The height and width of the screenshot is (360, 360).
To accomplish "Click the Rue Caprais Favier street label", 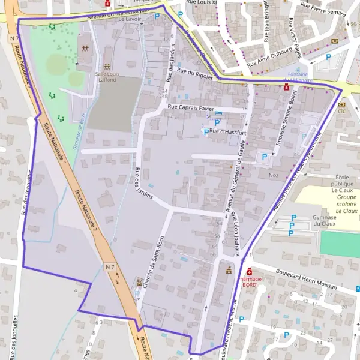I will click(191, 107).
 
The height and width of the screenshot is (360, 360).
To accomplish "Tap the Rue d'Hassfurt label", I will click(225, 131).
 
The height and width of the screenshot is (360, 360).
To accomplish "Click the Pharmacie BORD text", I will click(249, 283).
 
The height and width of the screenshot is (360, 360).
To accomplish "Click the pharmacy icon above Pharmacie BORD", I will click(249, 271).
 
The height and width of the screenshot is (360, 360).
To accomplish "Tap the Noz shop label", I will click(274, 175).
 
